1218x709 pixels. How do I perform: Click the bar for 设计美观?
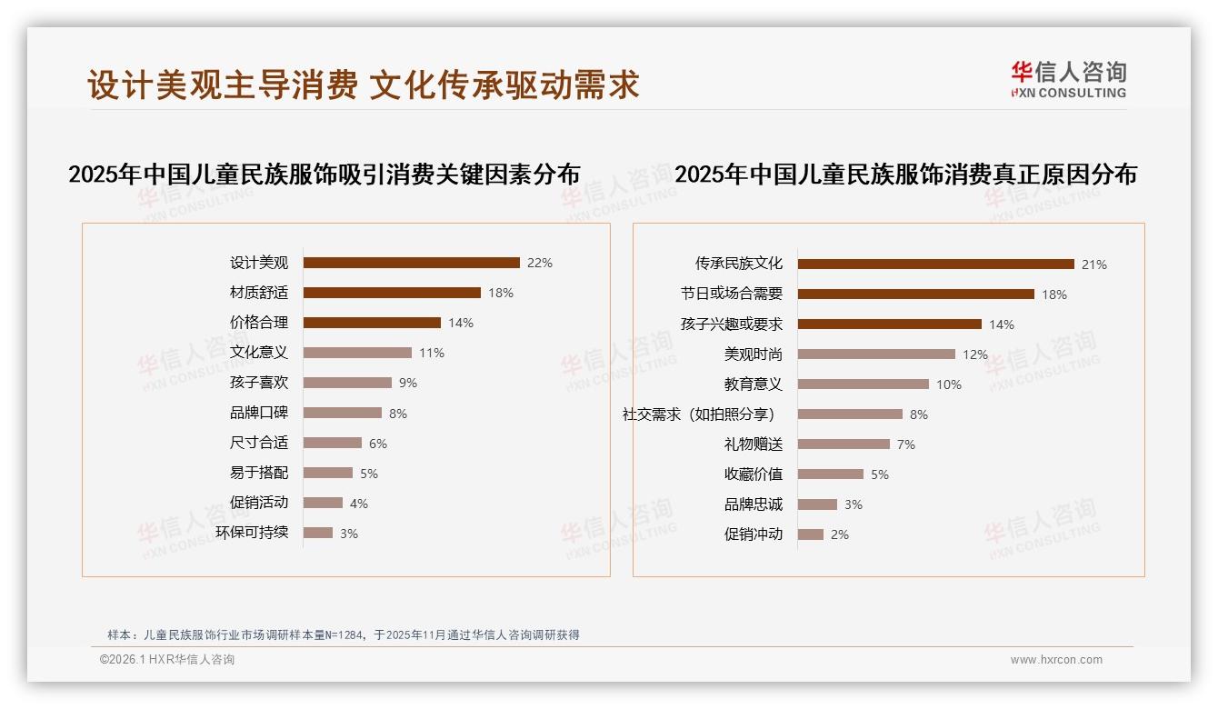click(x=411, y=263)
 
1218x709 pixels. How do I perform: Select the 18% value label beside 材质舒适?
click(x=501, y=293)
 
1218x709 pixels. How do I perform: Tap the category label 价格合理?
click(x=259, y=323)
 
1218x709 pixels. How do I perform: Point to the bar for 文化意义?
click(x=357, y=353)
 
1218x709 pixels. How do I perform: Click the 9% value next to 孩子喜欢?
click(x=408, y=383)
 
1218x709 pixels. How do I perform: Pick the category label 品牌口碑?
click(x=259, y=413)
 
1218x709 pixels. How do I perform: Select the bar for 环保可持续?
click(x=318, y=533)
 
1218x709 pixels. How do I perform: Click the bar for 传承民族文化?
click(x=936, y=265)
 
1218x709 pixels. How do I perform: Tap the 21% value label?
click(x=1094, y=265)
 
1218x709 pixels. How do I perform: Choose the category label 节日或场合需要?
click(x=732, y=295)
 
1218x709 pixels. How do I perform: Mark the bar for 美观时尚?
click(x=876, y=354)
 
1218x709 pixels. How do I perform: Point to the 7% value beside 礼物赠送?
click(x=906, y=444)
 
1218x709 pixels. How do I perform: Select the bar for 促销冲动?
click(x=811, y=534)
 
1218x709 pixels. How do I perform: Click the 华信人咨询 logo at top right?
click(x=1068, y=79)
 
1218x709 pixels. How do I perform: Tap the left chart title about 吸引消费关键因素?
click(x=324, y=174)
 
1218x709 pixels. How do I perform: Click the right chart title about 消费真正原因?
click(x=905, y=174)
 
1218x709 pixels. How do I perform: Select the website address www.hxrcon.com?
click(x=1056, y=660)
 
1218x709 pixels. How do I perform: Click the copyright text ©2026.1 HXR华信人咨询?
click(x=167, y=660)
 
